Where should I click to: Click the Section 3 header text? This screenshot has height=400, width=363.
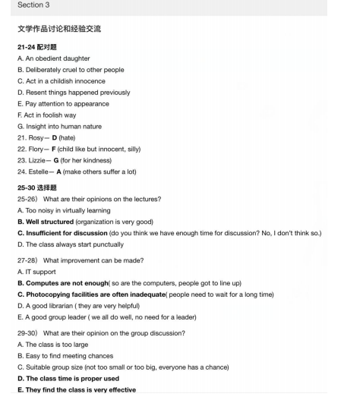click(31, 5)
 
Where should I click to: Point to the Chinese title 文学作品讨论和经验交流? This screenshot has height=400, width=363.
click(59, 29)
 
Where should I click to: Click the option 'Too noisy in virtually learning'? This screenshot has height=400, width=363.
click(64, 210)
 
